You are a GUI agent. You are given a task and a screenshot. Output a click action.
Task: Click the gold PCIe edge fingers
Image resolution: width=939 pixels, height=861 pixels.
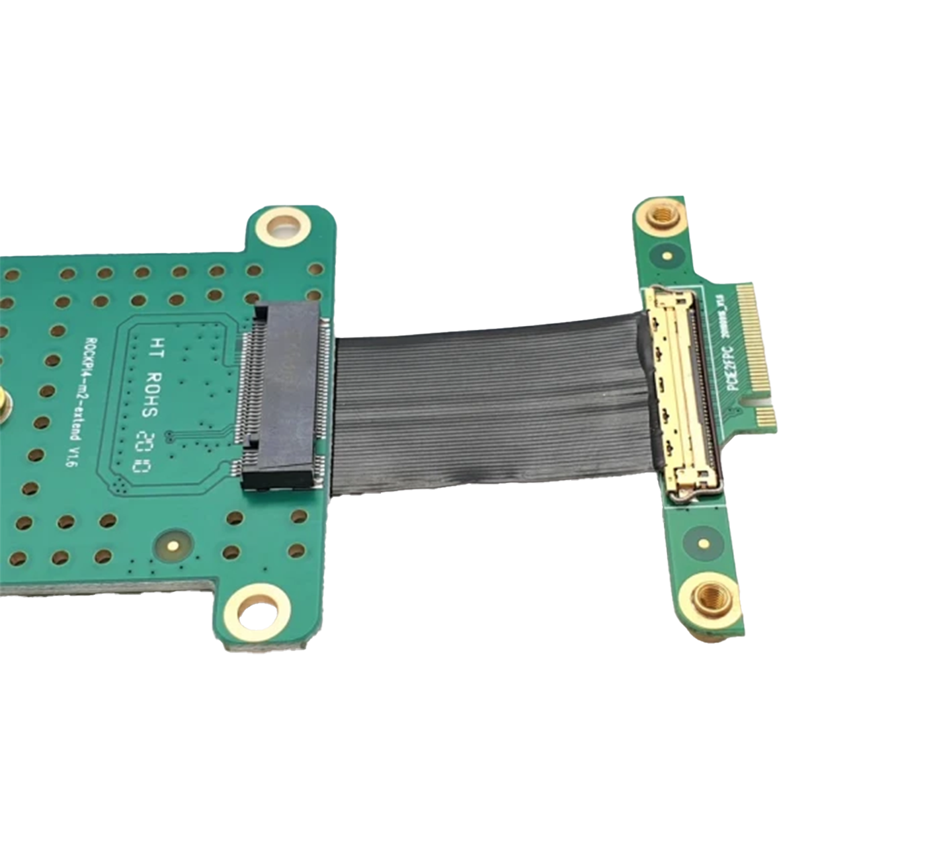(754, 350)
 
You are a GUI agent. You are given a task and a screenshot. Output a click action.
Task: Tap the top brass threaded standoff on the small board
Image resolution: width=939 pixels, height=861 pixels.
(662, 215)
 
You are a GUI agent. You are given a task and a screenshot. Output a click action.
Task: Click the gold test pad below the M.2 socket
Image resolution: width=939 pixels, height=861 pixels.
(173, 546)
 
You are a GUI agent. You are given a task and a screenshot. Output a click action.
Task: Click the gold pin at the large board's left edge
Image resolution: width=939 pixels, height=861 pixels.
(3, 401)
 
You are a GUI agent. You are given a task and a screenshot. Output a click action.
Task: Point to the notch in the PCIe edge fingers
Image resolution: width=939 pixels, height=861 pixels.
(762, 401)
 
